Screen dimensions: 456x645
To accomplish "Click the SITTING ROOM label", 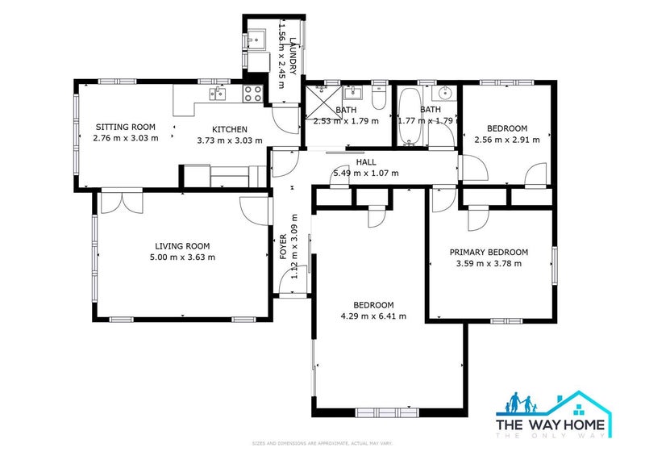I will pyautogui.click(x=125, y=127).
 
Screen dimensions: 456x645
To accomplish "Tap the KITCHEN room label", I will pyautogui.click(x=229, y=129).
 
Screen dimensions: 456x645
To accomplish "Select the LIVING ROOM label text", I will pyautogui.click(x=182, y=246).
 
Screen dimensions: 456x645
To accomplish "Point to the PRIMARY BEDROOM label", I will pyautogui.click(x=489, y=252).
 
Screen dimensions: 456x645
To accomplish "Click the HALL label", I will pyautogui.click(x=366, y=162).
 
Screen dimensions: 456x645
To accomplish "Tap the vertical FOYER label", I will pyautogui.click(x=283, y=246).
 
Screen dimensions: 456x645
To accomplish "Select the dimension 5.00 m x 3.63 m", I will pyautogui.click(x=182, y=257).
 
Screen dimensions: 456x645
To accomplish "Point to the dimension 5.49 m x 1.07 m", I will pyautogui.click(x=366, y=173).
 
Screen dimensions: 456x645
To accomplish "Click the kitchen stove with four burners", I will pyautogui.click(x=252, y=93).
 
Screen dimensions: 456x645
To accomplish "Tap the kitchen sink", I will pyautogui.click(x=218, y=94).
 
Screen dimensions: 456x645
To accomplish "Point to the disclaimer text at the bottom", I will pyautogui.click(x=322, y=443).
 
